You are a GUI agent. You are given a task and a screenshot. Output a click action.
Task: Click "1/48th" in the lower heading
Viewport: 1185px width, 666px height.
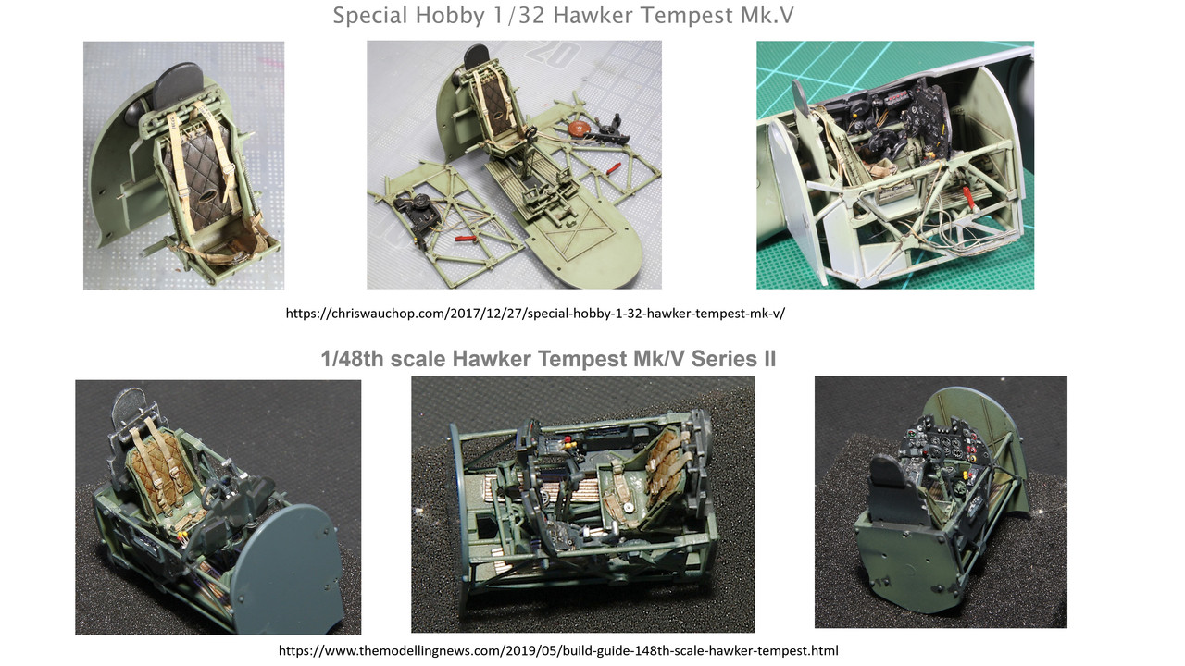(353, 359)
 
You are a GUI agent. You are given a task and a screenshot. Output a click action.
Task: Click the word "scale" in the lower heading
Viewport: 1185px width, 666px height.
(418, 359)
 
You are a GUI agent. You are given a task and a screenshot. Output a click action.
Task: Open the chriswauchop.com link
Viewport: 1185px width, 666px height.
(535, 314)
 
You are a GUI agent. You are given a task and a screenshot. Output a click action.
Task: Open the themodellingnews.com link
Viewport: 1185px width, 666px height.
(558, 650)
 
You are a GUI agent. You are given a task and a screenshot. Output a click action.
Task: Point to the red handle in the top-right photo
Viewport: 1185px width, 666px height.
(968, 199)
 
